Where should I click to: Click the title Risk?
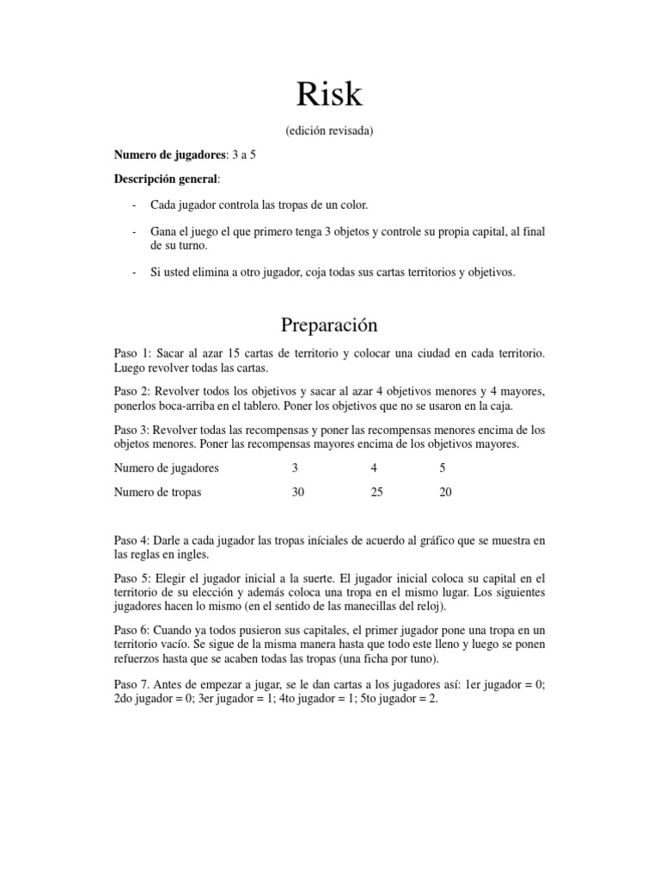[329, 95]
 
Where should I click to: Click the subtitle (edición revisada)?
[329, 131]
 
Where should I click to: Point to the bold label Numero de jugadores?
[169, 155]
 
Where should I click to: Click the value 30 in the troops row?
[298, 492]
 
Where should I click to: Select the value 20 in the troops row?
[445, 492]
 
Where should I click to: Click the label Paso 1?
[132, 353]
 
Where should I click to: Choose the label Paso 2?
[132, 391]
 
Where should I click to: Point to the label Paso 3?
[132, 429]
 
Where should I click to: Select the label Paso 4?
[132, 541]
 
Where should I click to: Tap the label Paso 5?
[132, 578]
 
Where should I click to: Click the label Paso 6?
[132, 630]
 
